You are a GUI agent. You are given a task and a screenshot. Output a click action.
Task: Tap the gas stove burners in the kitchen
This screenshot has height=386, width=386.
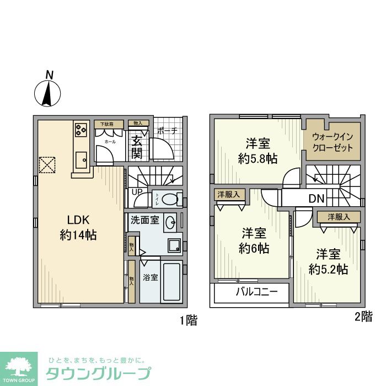(81, 130)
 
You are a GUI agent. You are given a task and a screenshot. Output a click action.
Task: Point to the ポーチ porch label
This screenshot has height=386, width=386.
(167, 131)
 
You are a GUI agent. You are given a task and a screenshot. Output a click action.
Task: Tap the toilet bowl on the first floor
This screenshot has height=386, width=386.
(173, 199)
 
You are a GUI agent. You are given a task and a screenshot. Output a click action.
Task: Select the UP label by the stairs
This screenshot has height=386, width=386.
(136, 191)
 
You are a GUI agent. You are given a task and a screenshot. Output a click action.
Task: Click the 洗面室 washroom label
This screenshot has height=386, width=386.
(144, 220)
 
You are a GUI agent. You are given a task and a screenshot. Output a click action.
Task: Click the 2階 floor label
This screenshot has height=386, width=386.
(363, 317)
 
